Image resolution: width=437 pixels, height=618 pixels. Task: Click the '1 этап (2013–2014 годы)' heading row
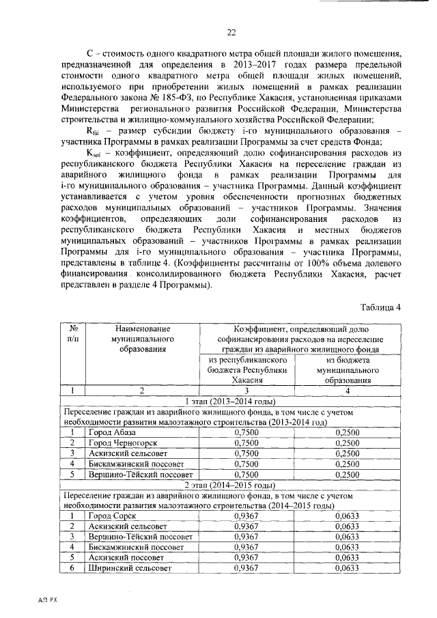[x=231, y=401]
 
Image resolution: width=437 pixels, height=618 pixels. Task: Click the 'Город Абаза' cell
[x=112, y=433]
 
